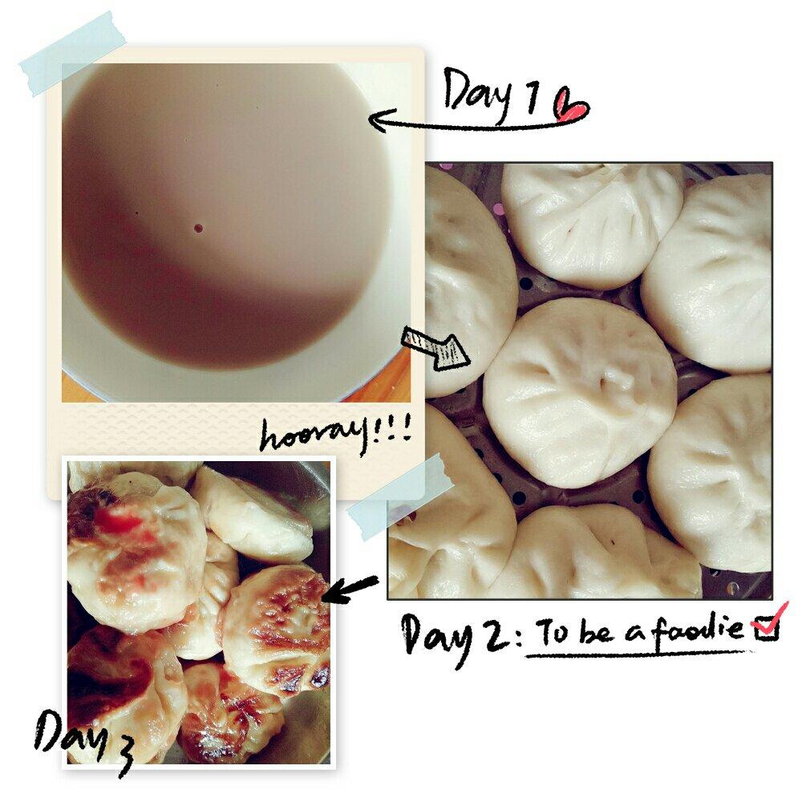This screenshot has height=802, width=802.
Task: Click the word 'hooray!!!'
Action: (x=335, y=435)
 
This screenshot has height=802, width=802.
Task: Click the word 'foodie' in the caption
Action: (x=699, y=627)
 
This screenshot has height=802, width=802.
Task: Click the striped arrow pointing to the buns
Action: (x=435, y=348)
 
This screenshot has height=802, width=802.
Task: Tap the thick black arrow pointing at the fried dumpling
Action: (x=350, y=588)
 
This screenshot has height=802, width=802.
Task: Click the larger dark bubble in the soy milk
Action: (x=198, y=228)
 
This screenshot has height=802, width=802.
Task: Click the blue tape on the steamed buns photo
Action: (x=399, y=496)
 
